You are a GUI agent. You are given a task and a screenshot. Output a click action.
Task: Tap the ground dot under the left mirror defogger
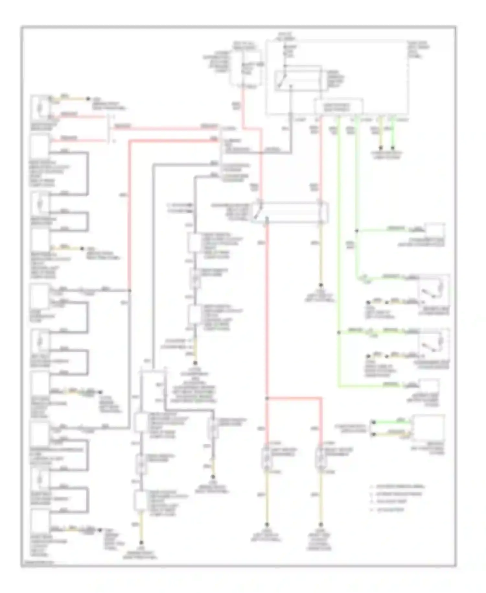coord(267,525)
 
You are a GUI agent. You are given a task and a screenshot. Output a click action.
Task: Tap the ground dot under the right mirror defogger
coord(321,525)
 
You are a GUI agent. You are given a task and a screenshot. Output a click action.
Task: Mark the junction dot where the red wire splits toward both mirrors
coord(267,398)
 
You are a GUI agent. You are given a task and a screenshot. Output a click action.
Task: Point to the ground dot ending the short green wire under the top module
coord(393,148)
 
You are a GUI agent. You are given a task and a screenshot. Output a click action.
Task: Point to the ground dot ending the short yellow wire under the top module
coord(381,148)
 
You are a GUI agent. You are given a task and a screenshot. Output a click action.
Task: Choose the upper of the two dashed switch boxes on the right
coord(434,290)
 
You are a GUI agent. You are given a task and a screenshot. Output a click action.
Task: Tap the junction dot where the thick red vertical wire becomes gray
coord(130,290)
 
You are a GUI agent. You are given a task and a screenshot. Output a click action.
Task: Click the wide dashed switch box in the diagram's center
coord(290,212)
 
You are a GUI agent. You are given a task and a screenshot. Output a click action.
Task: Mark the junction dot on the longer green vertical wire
coord(339,333)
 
